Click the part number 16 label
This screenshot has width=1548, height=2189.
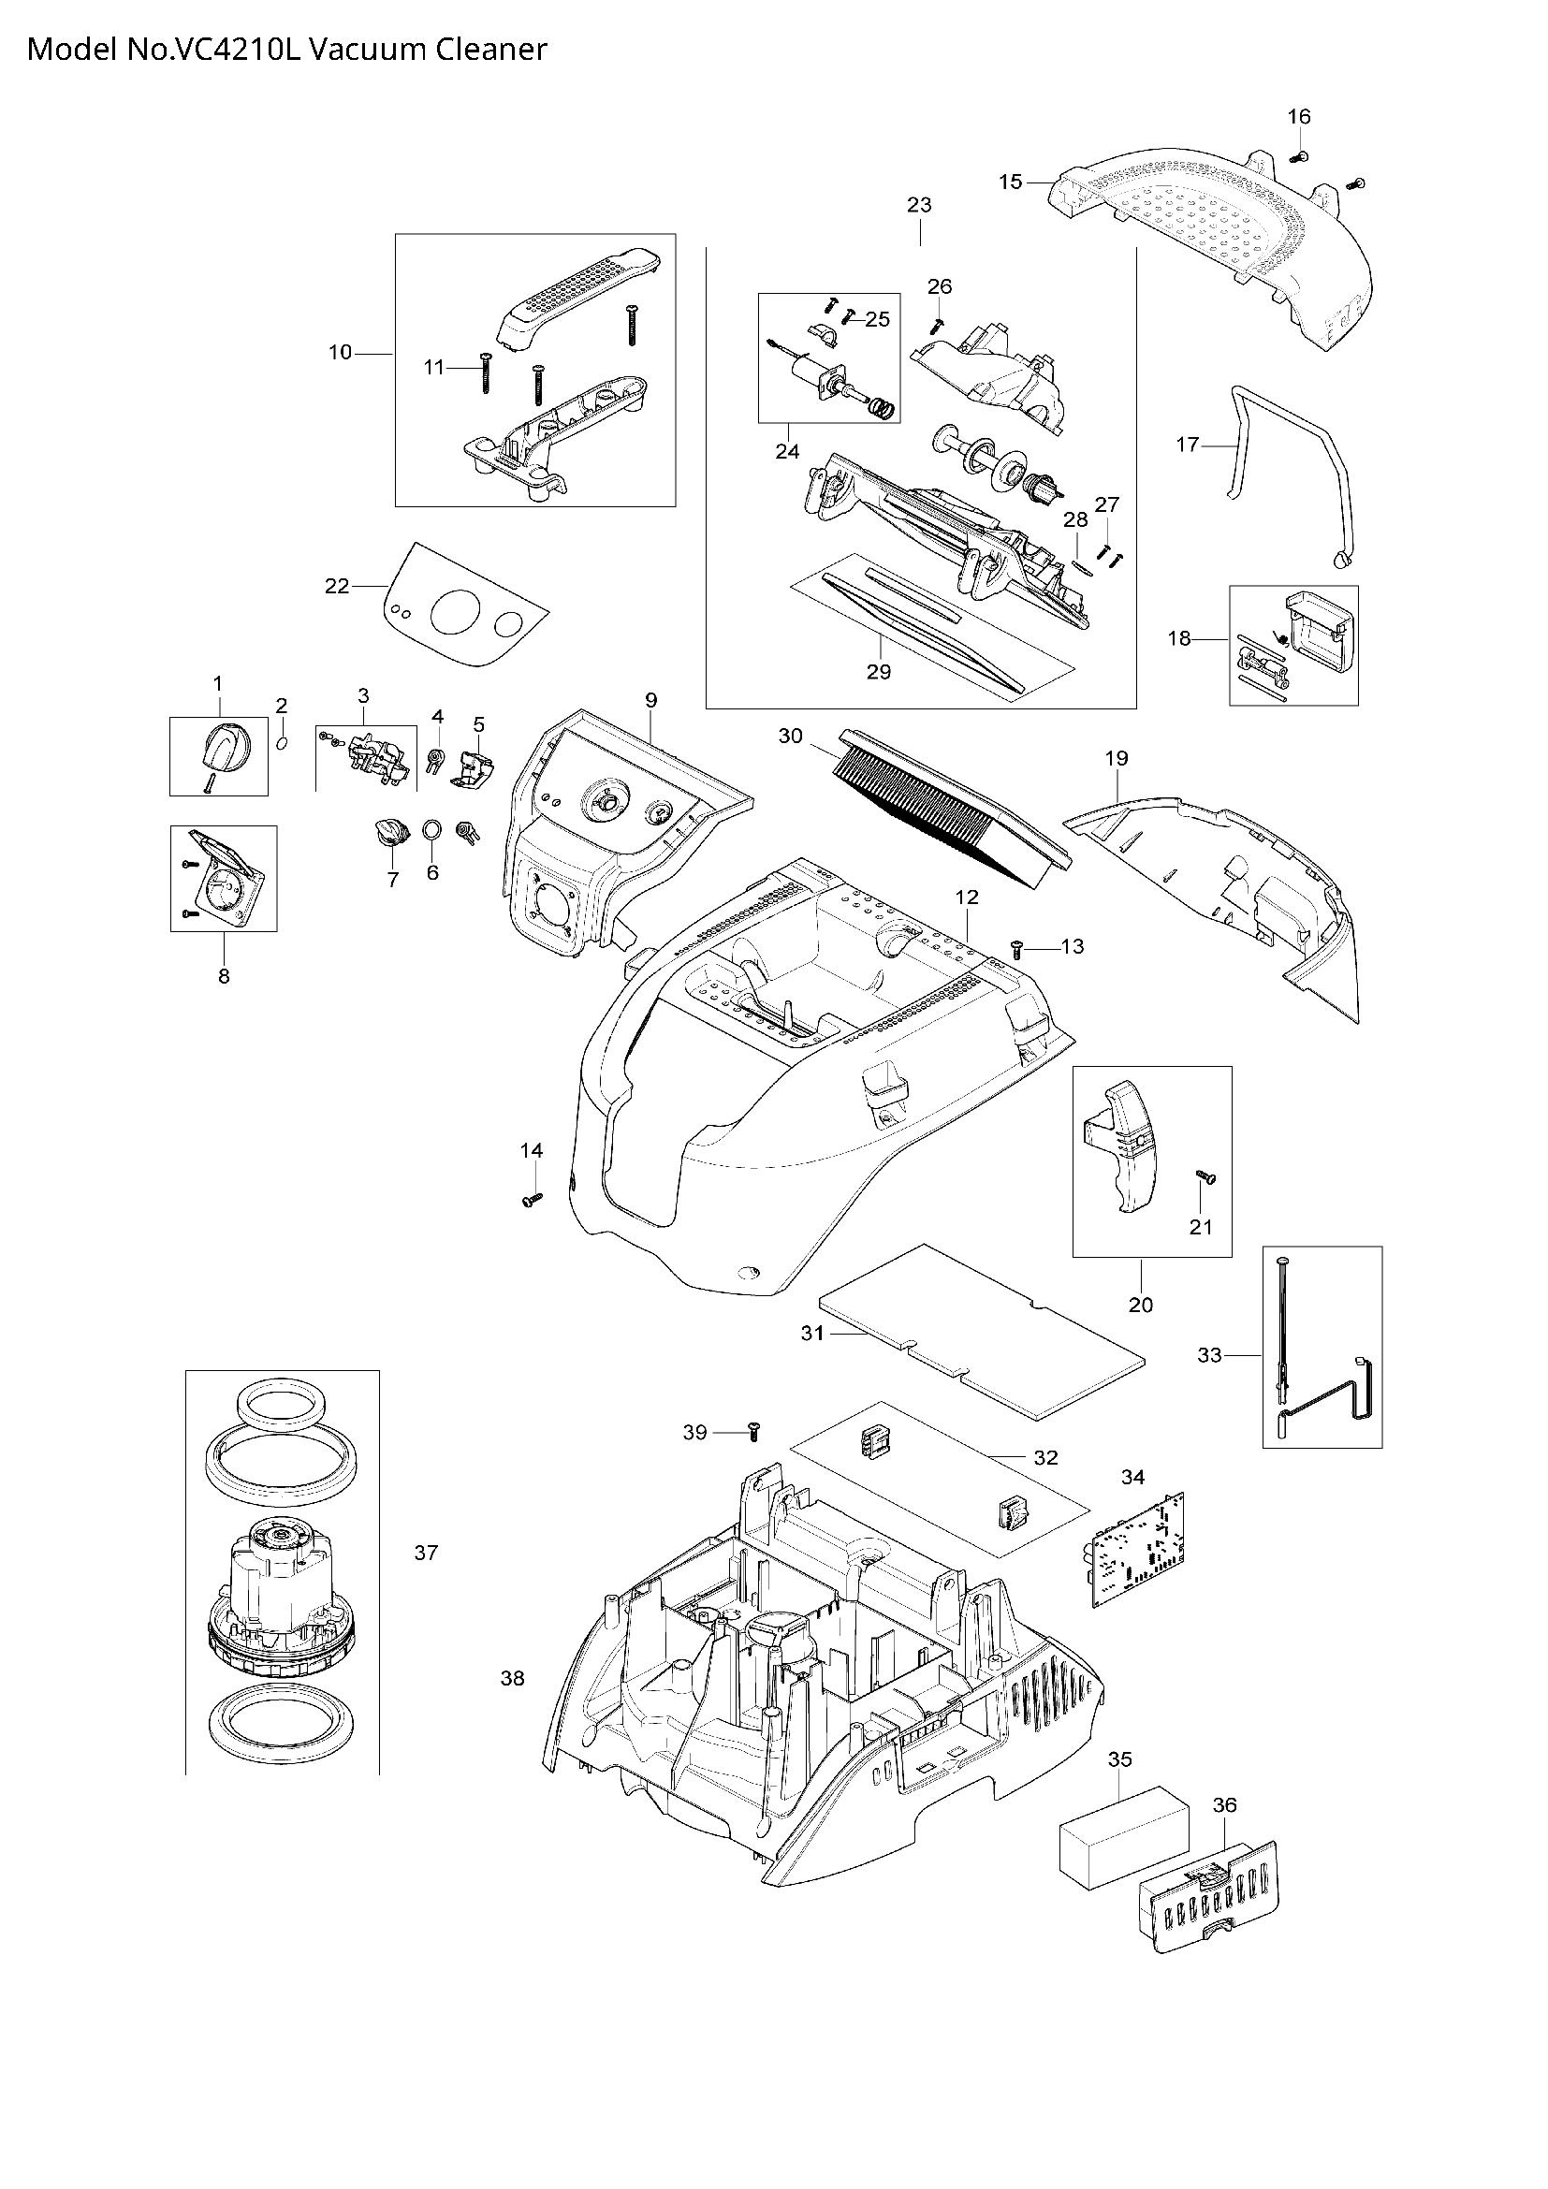(1298, 116)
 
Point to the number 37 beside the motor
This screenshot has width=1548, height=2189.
(426, 1554)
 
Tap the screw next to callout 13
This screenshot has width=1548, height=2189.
(1017, 948)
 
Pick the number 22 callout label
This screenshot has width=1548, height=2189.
(337, 587)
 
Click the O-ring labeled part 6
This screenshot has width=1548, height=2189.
(431, 826)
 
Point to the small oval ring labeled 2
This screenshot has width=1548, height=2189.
(282, 742)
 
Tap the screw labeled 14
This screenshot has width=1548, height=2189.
(532, 1199)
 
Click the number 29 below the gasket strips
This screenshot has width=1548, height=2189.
(878, 671)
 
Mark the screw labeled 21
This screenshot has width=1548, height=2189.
(1202, 1179)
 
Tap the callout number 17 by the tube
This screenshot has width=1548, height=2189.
(1187, 445)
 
